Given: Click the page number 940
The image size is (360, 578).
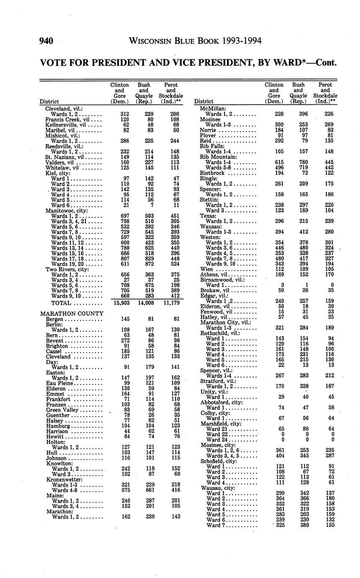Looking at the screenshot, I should (x=46, y=41).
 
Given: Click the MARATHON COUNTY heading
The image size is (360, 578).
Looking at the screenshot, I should (x=72, y=313).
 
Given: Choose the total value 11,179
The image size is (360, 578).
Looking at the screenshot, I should (x=171, y=303).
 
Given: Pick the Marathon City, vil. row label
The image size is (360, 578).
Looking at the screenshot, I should (x=225, y=323).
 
